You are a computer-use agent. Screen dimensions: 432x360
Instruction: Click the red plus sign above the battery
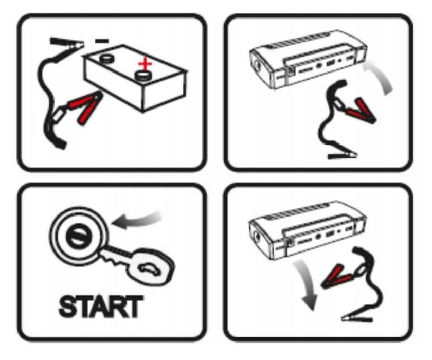click(145, 64)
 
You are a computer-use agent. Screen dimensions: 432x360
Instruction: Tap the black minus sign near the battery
click(102, 41)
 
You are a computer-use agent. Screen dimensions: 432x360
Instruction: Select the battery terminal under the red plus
click(143, 75)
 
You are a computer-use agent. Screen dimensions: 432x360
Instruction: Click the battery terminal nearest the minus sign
click(107, 59)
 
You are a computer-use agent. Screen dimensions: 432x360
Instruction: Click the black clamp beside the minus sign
click(67, 44)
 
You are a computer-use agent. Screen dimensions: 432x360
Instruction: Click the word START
click(101, 307)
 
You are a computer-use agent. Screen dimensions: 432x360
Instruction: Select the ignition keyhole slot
click(78, 236)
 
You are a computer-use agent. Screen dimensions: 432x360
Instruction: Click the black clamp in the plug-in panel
click(342, 156)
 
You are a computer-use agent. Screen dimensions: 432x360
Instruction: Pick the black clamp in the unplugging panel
click(357, 319)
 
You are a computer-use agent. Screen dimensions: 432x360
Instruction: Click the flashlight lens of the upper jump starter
click(258, 66)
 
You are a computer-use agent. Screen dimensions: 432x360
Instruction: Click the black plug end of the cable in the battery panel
click(59, 141)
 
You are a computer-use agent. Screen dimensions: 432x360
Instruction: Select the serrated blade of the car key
click(114, 255)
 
